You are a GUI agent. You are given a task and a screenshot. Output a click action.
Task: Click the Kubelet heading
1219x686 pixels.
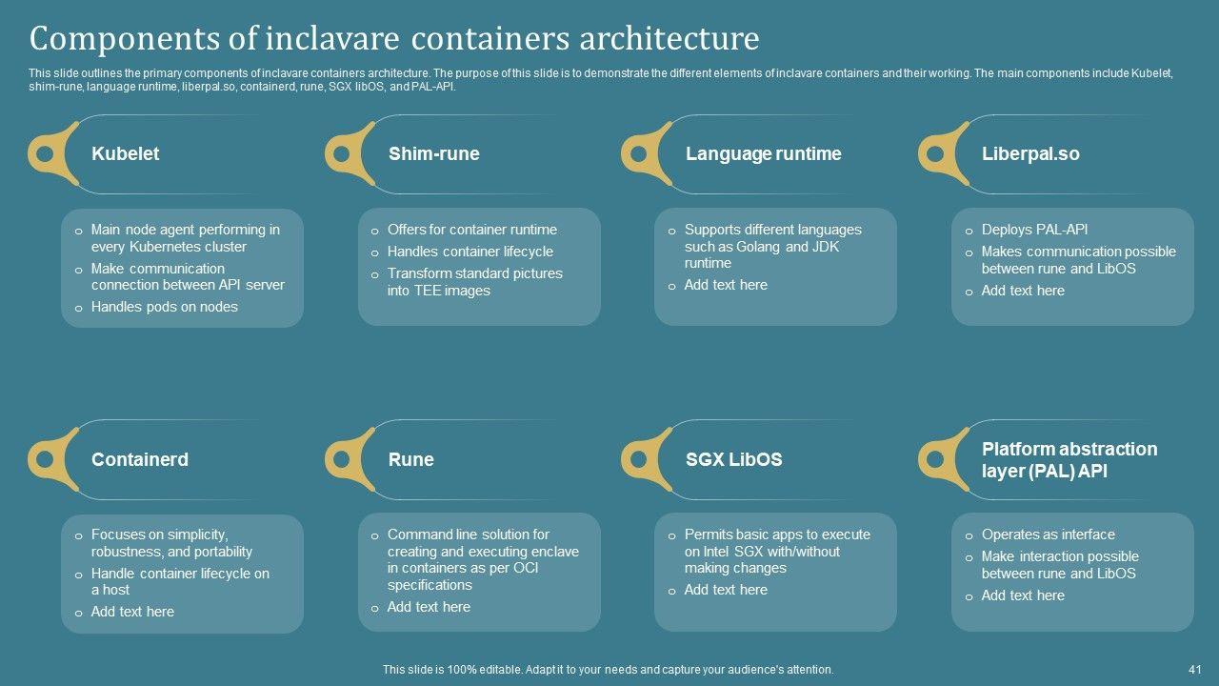click(125, 153)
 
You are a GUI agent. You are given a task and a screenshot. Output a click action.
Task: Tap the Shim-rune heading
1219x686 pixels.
click(433, 153)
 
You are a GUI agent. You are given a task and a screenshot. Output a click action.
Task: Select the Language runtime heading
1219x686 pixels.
click(763, 153)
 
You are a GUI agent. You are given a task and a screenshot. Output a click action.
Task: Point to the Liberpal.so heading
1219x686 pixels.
click(1030, 153)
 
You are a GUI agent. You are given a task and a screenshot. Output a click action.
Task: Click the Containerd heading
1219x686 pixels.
click(139, 459)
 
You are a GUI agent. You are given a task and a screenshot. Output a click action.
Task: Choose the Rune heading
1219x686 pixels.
click(410, 459)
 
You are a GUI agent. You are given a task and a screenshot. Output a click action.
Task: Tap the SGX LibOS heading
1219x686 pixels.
click(733, 459)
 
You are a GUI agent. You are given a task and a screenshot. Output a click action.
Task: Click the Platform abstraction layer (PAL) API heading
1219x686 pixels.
click(1069, 459)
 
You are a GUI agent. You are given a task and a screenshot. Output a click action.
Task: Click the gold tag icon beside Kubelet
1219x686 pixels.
click(52, 152)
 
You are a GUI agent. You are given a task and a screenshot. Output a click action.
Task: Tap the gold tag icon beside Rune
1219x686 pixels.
click(350, 459)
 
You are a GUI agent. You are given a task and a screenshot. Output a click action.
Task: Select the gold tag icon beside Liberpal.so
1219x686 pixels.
click(943, 152)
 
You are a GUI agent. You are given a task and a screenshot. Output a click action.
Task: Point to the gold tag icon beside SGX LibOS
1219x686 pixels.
click(647, 459)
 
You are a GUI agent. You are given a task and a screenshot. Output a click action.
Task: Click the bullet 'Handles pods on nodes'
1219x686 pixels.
click(164, 307)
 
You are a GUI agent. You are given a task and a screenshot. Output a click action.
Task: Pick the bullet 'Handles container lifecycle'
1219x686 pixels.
click(470, 252)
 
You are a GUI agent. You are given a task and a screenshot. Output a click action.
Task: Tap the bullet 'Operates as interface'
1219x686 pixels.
click(1048, 535)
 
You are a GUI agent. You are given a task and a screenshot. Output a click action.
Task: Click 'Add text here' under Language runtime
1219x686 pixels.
click(725, 285)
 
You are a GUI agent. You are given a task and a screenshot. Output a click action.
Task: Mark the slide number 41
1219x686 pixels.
click(1194, 670)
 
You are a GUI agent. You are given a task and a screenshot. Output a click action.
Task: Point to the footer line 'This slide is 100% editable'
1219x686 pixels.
click(608, 670)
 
